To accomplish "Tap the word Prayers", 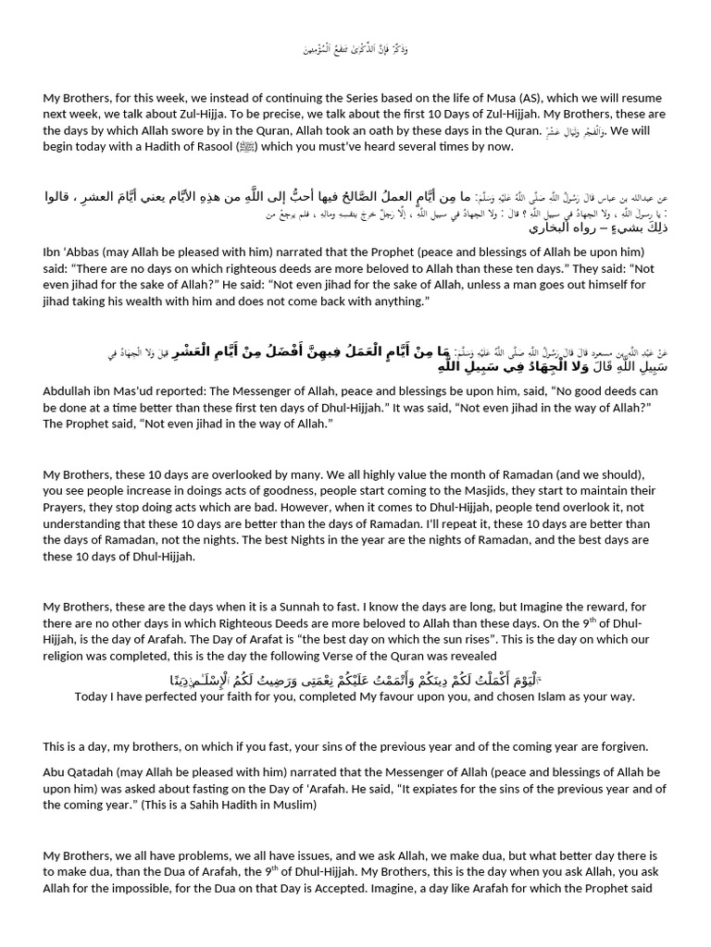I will coord(65,507).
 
